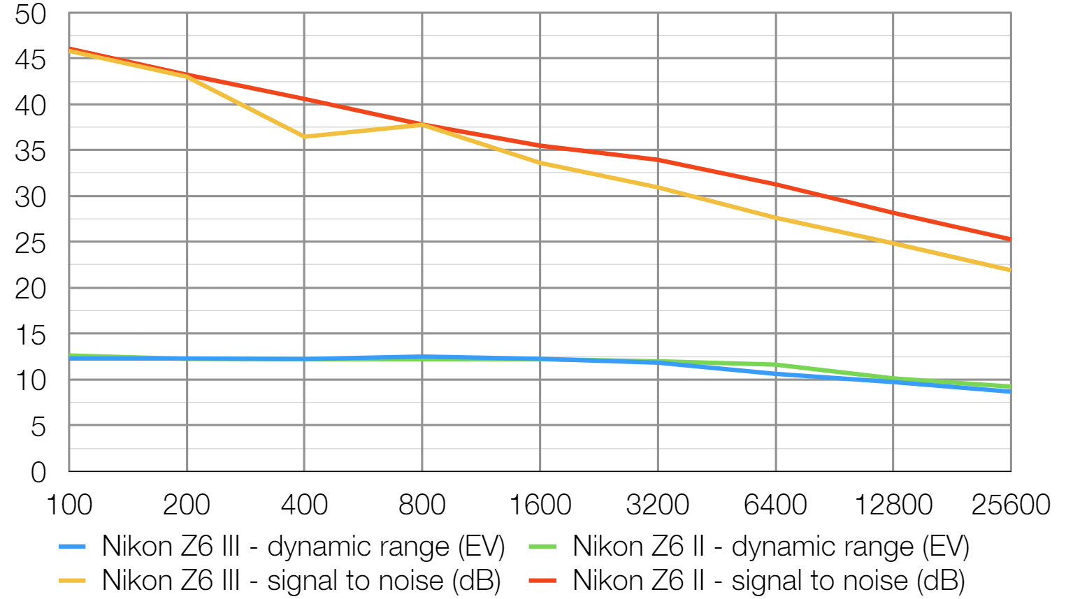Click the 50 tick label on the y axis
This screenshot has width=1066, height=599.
click(30, 14)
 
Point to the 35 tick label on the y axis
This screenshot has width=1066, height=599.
click(30, 151)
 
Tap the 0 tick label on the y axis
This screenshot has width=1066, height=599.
click(38, 472)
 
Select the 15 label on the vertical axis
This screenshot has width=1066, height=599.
click(30, 335)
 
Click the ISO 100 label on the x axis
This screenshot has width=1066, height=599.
click(69, 505)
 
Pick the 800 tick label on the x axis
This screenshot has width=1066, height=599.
click(422, 505)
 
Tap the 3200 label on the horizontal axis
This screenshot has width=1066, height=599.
click(657, 505)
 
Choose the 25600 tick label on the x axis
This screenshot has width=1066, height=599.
click(1010, 505)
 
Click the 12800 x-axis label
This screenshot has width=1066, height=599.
click(893, 505)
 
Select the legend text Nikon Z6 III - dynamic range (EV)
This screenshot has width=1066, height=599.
click(303, 547)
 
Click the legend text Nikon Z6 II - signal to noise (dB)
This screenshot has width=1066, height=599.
click(768, 581)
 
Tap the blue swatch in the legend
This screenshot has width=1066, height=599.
click(72, 547)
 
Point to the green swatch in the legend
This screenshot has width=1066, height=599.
click(543, 547)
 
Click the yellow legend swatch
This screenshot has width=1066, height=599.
click(72, 581)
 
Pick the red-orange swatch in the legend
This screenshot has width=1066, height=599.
click(543, 581)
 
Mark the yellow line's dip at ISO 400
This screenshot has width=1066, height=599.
click(304, 136)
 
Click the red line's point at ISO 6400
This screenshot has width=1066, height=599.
click(775, 184)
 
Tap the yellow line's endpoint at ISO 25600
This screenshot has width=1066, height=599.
click(1010, 270)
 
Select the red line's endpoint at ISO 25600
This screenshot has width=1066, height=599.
click(1010, 239)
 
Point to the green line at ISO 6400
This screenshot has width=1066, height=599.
click(775, 364)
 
